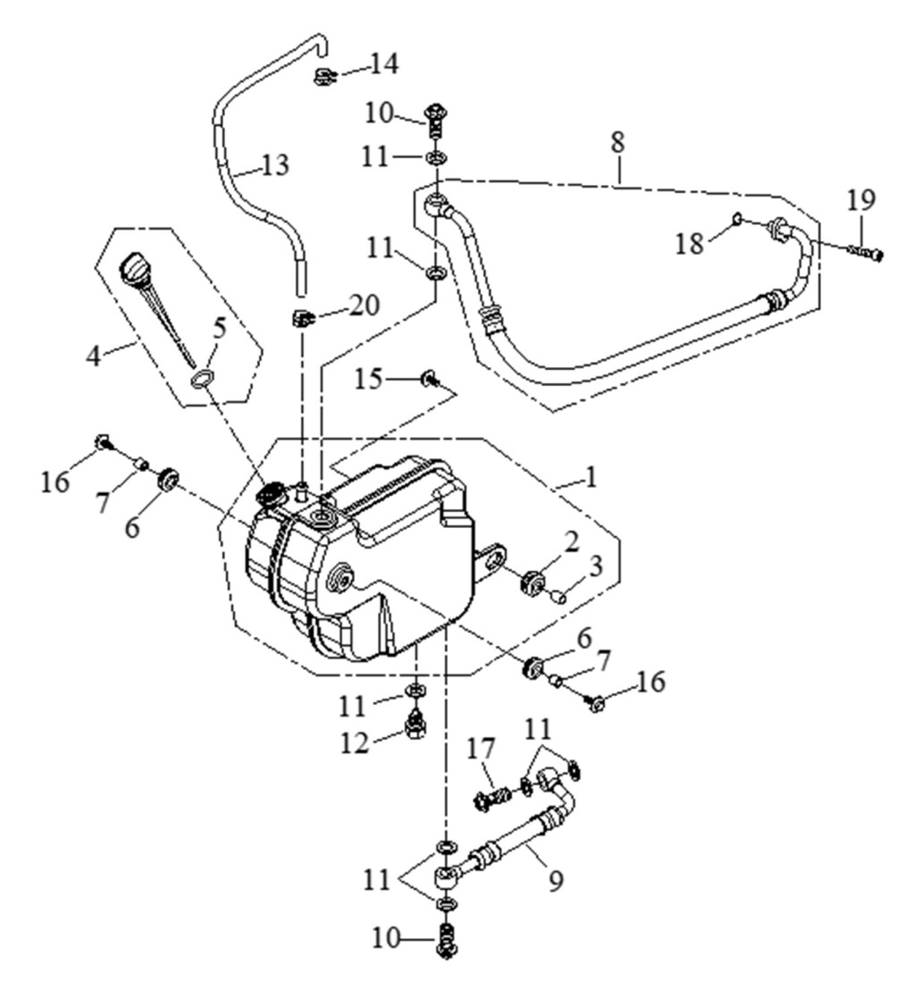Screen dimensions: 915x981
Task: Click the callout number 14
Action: (x=383, y=63)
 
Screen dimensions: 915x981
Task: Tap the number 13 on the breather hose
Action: (x=275, y=166)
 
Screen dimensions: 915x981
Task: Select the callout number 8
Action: (x=617, y=142)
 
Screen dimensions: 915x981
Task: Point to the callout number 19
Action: (x=861, y=200)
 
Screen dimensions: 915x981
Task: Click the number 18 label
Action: (x=689, y=243)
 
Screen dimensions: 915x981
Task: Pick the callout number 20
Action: (x=365, y=306)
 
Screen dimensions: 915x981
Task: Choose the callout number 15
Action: (x=368, y=379)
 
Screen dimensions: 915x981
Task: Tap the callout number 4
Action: (x=93, y=356)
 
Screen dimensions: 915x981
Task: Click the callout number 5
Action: (x=219, y=330)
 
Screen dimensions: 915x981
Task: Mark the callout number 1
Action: (x=590, y=477)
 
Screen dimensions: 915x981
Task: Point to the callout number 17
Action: (x=481, y=749)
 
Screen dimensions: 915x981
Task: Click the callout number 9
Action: (x=556, y=880)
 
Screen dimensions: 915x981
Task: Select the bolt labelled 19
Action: (x=866, y=252)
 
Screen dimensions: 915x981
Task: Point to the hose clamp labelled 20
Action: (x=302, y=317)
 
